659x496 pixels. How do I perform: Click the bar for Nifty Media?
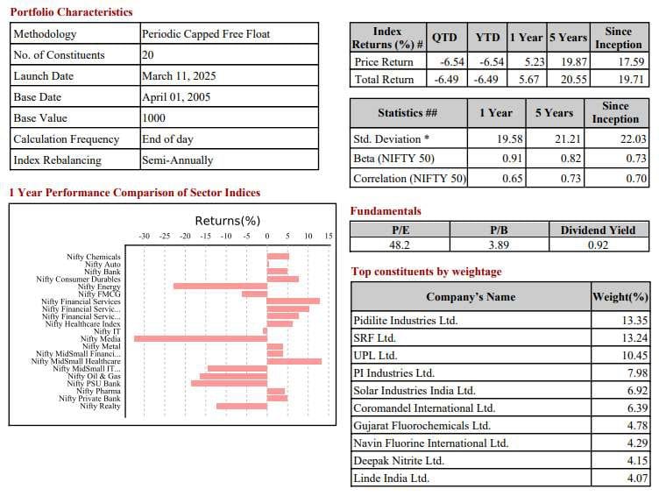[x=200, y=338]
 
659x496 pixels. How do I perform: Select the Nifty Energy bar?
[x=220, y=286]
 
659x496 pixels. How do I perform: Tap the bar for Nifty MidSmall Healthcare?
[x=294, y=361]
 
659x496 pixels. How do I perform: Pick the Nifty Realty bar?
[x=241, y=406]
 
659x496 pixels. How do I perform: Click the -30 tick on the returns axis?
[x=145, y=237]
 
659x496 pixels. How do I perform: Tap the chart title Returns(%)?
[x=227, y=221]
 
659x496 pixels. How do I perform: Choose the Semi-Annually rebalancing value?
[x=177, y=160]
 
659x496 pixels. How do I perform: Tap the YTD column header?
[x=487, y=39]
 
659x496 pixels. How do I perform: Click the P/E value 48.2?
[x=400, y=245]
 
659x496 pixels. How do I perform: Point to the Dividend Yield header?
[x=598, y=230]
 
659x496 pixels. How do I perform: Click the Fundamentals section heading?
[x=386, y=211]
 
